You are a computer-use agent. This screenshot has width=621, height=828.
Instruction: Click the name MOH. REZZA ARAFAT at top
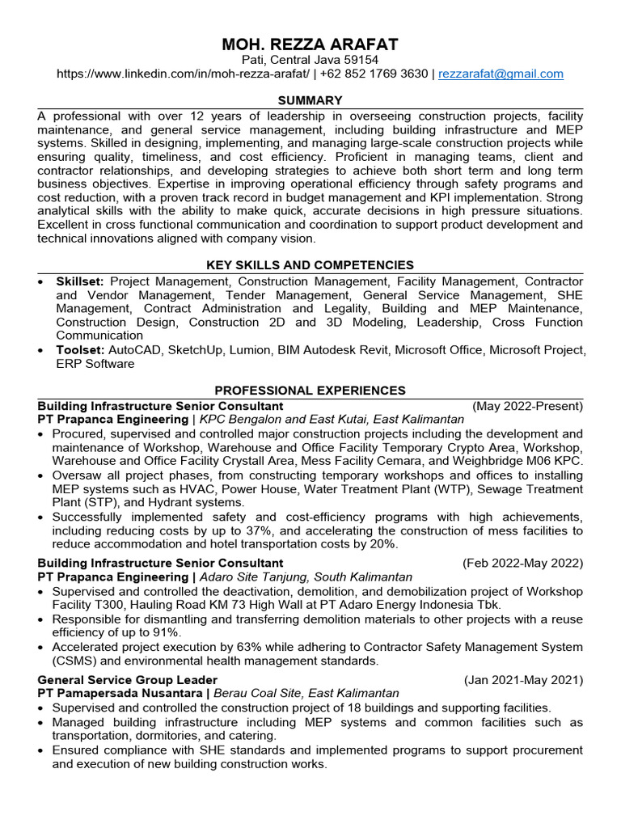coord(310,44)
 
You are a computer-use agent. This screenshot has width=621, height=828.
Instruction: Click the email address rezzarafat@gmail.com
coord(501,74)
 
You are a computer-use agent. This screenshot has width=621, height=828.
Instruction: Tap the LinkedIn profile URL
coord(182,74)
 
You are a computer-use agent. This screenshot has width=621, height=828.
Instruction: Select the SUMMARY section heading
coord(310,100)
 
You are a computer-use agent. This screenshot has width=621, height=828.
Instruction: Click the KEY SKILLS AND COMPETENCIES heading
coord(310,265)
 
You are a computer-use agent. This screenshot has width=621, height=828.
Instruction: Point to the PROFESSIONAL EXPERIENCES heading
coord(310,391)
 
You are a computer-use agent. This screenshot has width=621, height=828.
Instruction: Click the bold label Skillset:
coord(79,281)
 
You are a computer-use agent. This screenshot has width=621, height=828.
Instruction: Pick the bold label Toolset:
coord(78,350)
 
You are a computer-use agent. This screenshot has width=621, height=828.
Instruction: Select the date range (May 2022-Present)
coord(527,406)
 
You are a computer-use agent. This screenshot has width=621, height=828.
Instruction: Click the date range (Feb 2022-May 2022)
coord(522,563)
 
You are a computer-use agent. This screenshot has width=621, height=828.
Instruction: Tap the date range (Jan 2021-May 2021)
coord(523,680)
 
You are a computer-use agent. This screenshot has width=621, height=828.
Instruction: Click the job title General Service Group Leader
coord(128,680)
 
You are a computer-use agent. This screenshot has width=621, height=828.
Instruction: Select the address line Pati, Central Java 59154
coord(310,60)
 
